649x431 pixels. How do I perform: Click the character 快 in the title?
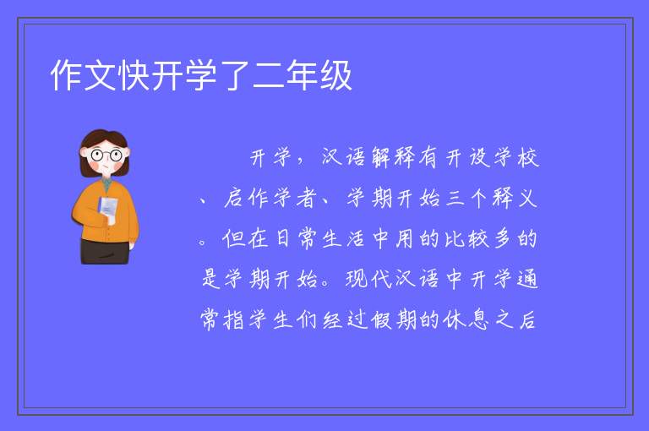[134, 75]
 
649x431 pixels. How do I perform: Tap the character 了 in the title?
[235, 75]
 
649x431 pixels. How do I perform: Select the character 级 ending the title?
[336, 75]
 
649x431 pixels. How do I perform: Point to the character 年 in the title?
[303, 75]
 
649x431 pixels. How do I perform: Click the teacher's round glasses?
[106, 155]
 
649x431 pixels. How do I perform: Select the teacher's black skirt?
[105, 251]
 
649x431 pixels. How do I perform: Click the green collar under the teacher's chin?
[107, 185]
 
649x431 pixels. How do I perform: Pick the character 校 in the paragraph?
[527, 157]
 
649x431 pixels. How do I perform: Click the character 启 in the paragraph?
[234, 198]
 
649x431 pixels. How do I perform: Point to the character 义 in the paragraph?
[527, 198]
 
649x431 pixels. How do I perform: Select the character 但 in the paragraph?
[234, 238]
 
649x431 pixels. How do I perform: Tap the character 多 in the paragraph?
[503, 238]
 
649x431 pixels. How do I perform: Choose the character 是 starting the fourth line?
[211, 278]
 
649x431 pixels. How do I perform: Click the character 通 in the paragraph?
[527, 278]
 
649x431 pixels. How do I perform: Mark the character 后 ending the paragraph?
[527, 319]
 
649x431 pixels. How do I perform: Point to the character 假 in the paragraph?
[381, 319]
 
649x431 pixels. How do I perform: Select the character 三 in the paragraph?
[455, 198]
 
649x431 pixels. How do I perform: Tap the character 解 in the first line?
[382, 157]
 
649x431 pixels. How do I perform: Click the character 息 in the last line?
[478, 319]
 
